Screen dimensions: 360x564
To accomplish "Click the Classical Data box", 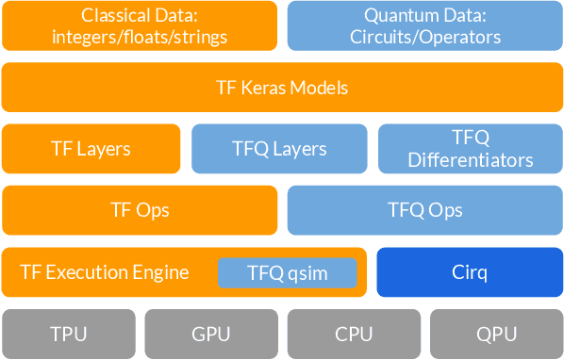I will click(x=140, y=25).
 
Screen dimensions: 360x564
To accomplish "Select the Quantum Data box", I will click(x=424, y=25).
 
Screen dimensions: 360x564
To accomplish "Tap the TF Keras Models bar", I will click(x=282, y=88).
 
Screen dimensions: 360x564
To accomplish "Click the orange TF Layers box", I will click(x=91, y=149).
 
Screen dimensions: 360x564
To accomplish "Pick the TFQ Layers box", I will click(x=279, y=149).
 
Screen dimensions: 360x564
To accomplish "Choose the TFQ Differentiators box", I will click(x=471, y=149).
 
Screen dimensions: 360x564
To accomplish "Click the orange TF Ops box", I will click(x=140, y=210).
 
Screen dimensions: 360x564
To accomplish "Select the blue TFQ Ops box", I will click(x=424, y=210).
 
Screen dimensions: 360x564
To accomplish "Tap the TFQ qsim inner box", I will click(x=288, y=273).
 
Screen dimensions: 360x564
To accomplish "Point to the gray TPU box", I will click(x=69, y=334).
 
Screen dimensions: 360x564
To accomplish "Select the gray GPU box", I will click(x=211, y=334).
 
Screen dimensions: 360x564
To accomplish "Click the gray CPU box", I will click(x=354, y=334).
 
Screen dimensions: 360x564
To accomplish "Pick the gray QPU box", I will click(x=496, y=334).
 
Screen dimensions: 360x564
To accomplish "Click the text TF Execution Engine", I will click(x=105, y=273).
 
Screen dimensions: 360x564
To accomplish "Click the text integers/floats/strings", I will click(x=140, y=38).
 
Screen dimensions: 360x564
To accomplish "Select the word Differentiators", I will click(x=471, y=160).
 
